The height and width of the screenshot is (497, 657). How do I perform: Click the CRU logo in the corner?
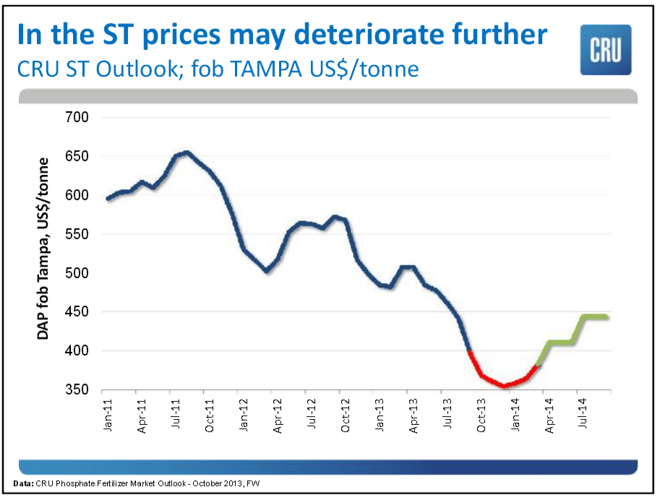click(x=606, y=49)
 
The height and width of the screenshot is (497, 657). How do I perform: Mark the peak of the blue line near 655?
click(x=186, y=152)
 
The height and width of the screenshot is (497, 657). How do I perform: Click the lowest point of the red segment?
click(x=504, y=386)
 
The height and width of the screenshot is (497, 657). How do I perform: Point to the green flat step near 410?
click(x=560, y=342)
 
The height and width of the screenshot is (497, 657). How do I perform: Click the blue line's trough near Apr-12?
click(x=267, y=271)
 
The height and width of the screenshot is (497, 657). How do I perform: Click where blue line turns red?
click(x=469, y=351)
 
